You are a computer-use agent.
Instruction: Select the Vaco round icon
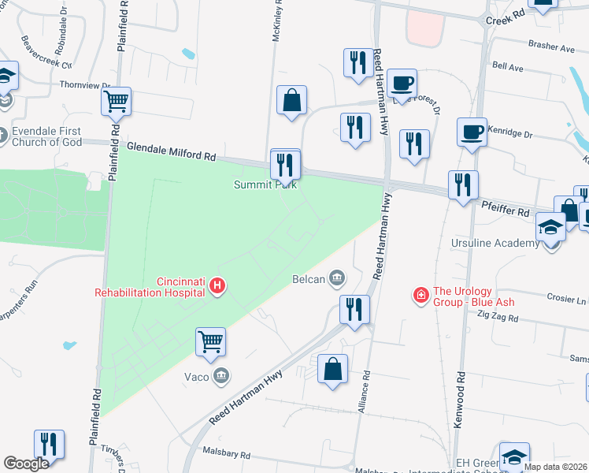pos(221,376)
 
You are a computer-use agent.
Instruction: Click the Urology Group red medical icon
pos(421,295)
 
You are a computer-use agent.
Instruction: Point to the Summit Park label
pos(264,185)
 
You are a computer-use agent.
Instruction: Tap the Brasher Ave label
pos(552,47)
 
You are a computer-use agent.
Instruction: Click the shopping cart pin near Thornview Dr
pos(116,101)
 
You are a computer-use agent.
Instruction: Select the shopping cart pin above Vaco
pos(211,342)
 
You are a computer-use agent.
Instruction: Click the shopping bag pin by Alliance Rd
pos(333,368)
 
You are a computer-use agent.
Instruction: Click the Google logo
pos(27,464)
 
